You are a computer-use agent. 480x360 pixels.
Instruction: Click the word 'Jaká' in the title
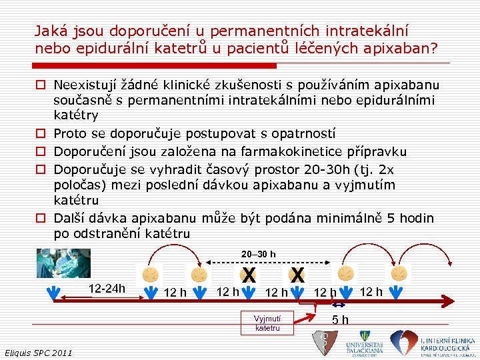(48, 31)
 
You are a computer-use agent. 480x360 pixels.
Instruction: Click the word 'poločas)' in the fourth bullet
(78, 185)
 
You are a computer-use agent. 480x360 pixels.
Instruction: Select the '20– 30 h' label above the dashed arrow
(257, 254)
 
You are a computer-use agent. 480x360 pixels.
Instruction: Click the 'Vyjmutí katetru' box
(267, 323)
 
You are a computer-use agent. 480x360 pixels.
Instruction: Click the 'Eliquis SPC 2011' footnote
(38, 352)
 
